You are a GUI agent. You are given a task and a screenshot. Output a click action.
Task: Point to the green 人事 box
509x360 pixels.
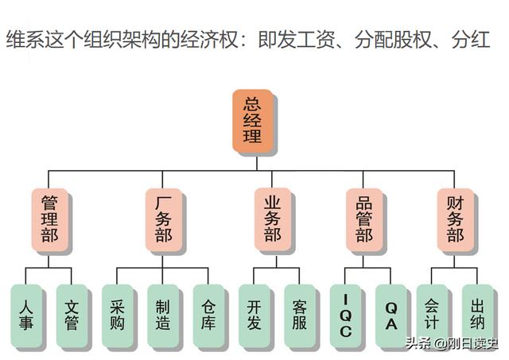(26, 315)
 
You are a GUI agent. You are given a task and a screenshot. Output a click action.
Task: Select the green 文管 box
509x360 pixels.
(72, 315)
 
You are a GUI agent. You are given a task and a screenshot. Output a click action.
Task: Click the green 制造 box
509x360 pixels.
(163, 315)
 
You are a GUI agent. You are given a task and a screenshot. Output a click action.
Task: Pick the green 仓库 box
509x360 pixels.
(209, 315)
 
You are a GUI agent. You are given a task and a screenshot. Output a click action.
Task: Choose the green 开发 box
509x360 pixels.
(254, 315)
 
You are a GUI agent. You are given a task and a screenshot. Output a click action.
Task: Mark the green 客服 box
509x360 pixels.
(300, 315)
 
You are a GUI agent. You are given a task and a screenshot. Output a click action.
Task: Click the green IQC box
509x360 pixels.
(346, 316)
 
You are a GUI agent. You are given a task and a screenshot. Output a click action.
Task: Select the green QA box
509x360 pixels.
(391, 316)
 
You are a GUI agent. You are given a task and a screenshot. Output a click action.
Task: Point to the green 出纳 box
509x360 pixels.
(477, 315)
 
